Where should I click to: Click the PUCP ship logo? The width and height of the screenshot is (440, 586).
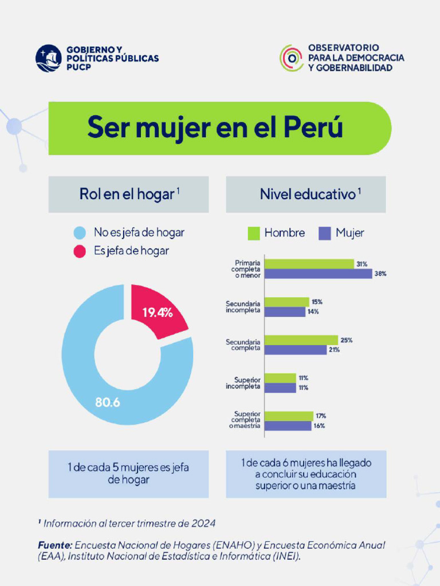pyautogui.click(x=49, y=58)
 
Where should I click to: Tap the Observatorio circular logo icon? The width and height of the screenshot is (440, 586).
pyautogui.click(x=292, y=58)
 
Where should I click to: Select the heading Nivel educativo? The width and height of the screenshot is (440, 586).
pyautogui.click(x=308, y=195)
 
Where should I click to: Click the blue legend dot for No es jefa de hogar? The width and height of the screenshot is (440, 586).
pyautogui.click(x=80, y=233)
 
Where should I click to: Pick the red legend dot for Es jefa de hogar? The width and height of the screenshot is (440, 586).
pyautogui.click(x=80, y=251)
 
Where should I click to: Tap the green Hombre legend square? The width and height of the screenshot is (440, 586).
pyautogui.click(x=254, y=233)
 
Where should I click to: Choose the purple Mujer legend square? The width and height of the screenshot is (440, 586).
pyautogui.click(x=325, y=233)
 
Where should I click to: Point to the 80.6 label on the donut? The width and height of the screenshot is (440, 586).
pyautogui.click(x=107, y=402)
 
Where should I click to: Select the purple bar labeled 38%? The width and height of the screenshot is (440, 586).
pyautogui.click(x=318, y=274)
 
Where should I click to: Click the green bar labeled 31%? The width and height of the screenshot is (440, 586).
pyautogui.click(x=309, y=264)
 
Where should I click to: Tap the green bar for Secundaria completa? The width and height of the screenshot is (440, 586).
pyautogui.click(x=301, y=340)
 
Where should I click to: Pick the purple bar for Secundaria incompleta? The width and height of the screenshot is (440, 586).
pyautogui.click(x=285, y=312)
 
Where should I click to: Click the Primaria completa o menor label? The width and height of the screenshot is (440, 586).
pyautogui.click(x=246, y=269)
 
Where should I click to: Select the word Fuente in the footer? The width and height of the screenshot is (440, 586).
pyautogui.click(x=55, y=545)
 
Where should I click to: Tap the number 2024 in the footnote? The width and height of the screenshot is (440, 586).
pyautogui.click(x=203, y=523)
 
